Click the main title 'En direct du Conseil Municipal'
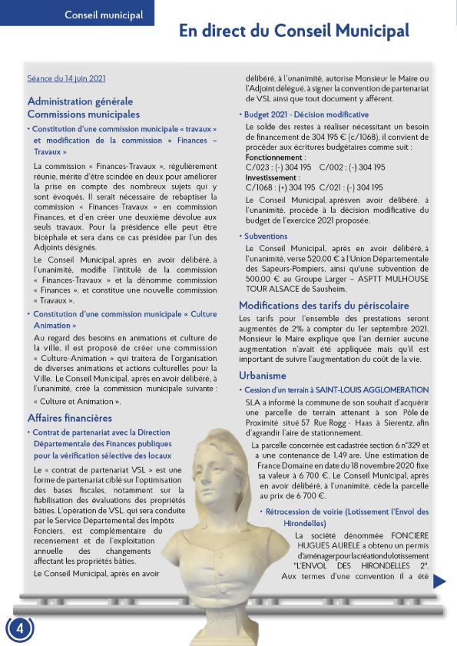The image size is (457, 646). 294,31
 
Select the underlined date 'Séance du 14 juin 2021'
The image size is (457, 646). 66,78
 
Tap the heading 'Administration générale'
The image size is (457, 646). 80,101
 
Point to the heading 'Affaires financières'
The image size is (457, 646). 70,418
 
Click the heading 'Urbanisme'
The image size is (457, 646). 262,376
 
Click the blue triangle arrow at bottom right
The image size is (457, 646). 439,581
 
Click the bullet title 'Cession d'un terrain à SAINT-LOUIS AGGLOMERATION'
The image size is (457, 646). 336,391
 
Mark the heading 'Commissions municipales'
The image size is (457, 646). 84,114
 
